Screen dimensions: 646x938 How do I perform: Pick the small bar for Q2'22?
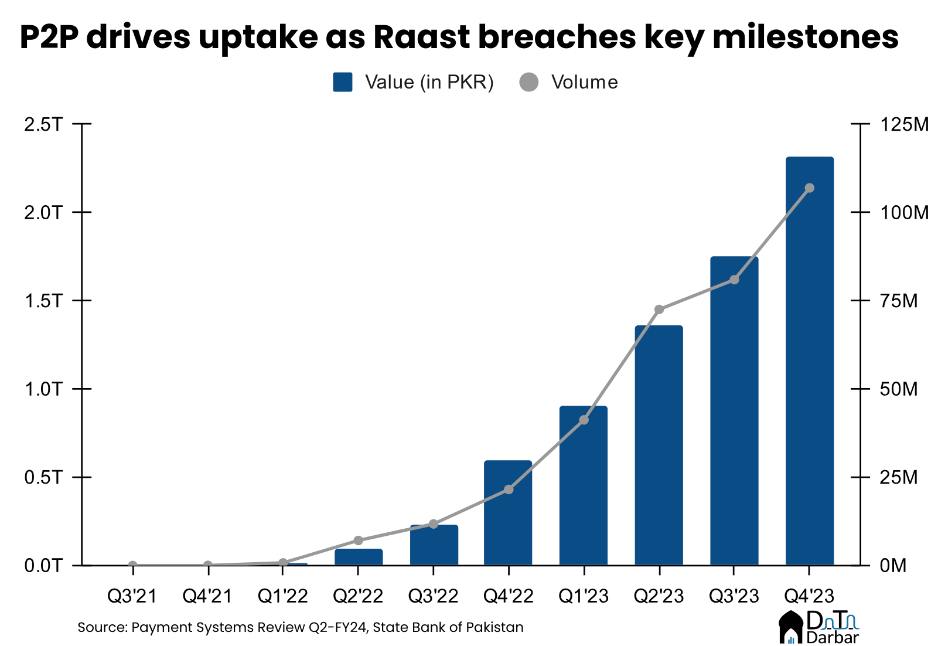pyautogui.click(x=359, y=557)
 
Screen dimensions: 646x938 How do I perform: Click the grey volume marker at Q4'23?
pyautogui.click(x=810, y=188)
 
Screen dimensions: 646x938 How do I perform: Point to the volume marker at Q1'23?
pyautogui.click(x=584, y=420)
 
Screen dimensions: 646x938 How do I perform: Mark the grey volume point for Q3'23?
pyautogui.click(x=734, y=280)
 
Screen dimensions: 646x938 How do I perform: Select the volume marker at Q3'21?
pyautogui.click(x=132, y=566)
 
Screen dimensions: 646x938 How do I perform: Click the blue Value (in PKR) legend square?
pyautogui.click(x=343, y=82)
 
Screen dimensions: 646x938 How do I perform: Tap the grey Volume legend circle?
pyautogui.click(x=528, y=82)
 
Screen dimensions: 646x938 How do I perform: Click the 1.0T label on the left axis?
pyautogui.click(x=42, y=389)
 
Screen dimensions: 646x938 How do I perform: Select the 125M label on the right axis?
pyautogui.click(x=904, y=124)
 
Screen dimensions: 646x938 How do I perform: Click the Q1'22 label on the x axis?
pyautogui.click(x=283, y=596)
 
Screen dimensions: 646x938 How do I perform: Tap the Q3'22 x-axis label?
pyautogui.click(x=433, y=596)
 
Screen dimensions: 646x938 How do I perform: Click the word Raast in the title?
pyautogui.click(x=421, y=37)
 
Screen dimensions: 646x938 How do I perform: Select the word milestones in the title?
pyautogui.click(x=805, y=37)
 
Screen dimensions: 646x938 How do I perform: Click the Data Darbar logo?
pyautogui.click(x=818, y=627)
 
